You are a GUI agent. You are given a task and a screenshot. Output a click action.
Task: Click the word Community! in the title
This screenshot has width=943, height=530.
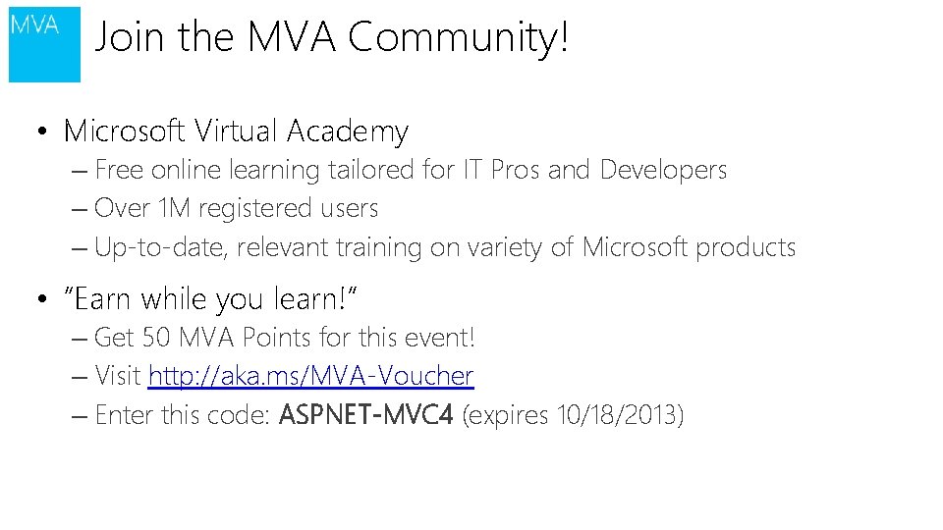tap(458, 39)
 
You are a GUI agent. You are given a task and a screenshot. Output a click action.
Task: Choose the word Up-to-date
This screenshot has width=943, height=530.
tap(161, 248)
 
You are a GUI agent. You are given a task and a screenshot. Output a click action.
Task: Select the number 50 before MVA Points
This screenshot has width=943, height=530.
tap(156, 338)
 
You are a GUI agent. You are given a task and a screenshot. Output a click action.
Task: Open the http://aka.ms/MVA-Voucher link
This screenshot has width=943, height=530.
tap(310, 376)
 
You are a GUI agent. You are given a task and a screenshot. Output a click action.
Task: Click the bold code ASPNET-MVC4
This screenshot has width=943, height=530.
tap(365, 415)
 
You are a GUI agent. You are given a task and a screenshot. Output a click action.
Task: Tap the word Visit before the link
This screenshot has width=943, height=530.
tap(118, 376)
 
